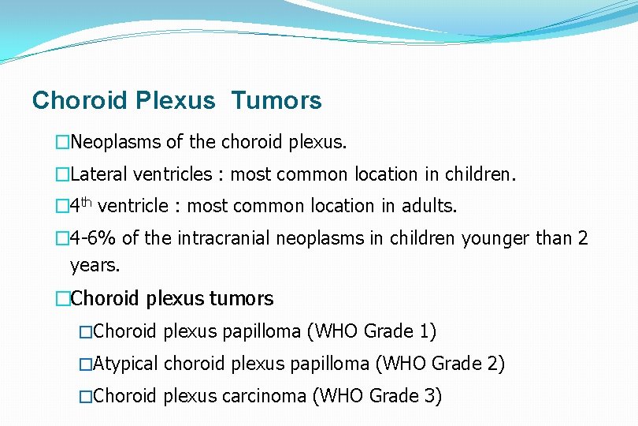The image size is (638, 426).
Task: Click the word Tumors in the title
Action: [276, 101]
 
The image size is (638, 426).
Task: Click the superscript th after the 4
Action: [86, 201]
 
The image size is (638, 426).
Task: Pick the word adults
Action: [429, 206]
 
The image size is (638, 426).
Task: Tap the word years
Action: [95, 266]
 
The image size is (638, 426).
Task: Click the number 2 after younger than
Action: [582, 237]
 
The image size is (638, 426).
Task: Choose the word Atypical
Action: [125, 364]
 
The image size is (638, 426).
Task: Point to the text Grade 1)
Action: [400, 331]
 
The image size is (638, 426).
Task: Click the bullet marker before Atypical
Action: [85, 364]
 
